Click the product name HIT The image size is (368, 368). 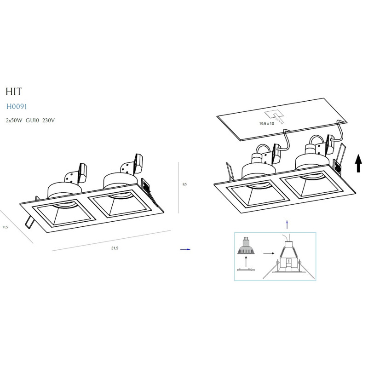point(14,92)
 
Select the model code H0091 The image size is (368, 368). point(17,107)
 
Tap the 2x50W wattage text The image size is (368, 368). point(14,121)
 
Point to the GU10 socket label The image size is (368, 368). point(32,121)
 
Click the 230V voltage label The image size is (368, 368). point(48,121)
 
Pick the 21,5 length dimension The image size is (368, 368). point(115,248)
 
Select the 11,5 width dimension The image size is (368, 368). point(5,227)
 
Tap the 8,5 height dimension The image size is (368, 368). point(185,184)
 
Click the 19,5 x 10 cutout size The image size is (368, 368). point(266,123)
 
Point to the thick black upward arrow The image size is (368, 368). point(358,163)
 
